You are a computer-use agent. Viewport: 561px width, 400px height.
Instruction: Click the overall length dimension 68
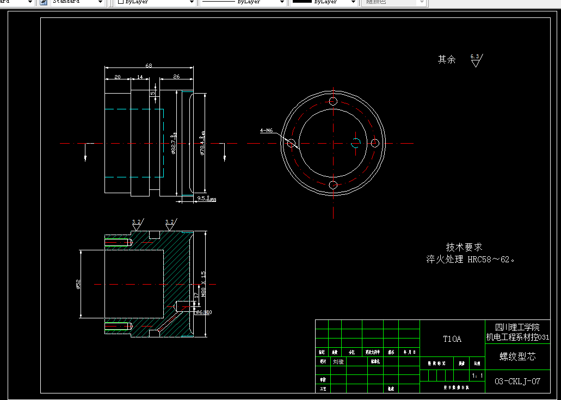click(149, 65)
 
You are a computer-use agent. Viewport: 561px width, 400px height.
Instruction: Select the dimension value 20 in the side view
click(118, 77)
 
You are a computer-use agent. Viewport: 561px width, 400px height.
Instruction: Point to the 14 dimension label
click(140, 77)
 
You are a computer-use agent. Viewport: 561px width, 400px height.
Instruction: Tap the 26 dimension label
click(176, 77)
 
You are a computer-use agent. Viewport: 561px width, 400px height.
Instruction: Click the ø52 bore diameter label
click(78, 284)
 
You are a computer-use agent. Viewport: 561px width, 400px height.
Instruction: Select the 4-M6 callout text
click(267, 131)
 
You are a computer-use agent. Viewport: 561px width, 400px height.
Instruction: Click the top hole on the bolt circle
click(334, 102)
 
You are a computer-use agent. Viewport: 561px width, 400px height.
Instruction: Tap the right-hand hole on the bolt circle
click(375, 143)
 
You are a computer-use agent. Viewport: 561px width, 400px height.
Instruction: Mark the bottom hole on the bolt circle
click(334, 185)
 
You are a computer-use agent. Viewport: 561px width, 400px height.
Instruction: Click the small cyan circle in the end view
click(356, 143)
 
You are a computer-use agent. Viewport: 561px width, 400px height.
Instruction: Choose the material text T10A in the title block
click(452, 339)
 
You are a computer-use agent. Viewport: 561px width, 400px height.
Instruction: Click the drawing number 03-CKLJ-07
click(517, 381)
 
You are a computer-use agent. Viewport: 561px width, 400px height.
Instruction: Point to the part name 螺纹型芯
click(517, 357)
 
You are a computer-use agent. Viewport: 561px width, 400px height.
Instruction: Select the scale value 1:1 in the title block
click(477, 376)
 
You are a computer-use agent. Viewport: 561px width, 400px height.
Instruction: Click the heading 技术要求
click(464, 247)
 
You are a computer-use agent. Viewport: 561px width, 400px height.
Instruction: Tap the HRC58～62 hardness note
click(490, 260)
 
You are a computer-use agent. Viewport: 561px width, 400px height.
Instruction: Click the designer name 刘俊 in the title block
click(338, 361)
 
